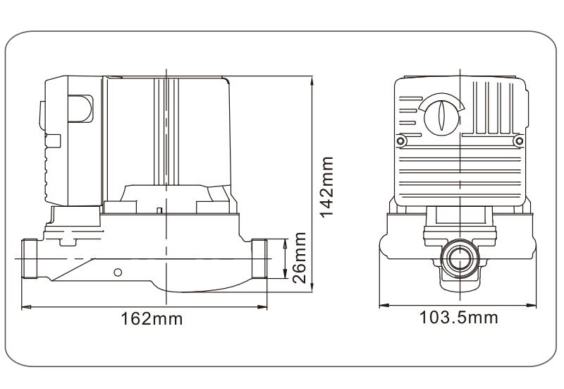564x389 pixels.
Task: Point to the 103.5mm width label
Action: (458, 318)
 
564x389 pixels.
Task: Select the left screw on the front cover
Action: (401, 143)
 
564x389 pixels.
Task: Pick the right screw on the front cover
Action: (520, 143)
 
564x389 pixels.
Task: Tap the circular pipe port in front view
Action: (459, 261)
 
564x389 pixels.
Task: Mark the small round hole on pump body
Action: (118, 272)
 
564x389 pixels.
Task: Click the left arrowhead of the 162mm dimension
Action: (24, 306)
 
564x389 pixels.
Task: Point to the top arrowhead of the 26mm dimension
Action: (286, 241)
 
